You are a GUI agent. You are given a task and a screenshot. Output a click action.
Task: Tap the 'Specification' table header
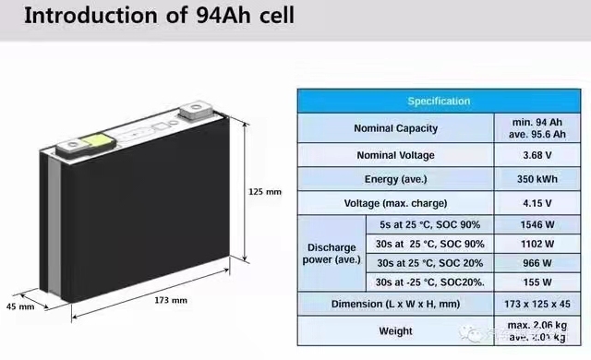click(x=439, y=101)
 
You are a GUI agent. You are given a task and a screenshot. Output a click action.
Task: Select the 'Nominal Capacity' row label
click(x=396, y=127)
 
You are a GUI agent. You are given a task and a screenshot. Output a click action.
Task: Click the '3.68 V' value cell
click(x=537, y=154)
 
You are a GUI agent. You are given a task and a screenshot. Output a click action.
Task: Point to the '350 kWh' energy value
click(x=537, y=178)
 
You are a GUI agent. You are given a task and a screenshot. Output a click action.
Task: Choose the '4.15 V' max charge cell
click(x=537, y=202)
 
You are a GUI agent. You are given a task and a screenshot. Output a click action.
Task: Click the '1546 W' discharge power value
click(x=537, y=225)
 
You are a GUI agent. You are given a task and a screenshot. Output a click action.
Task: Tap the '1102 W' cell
click(x=537, y=245)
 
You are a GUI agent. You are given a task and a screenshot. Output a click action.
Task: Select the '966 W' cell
click(x=537, y=263)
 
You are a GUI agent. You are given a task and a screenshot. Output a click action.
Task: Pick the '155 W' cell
click(x=537, y=282)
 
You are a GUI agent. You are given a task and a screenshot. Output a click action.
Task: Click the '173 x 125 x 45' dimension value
click(x=537, y=304)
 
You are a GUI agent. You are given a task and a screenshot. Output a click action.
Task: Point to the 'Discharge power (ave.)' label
click(x=330, y=254)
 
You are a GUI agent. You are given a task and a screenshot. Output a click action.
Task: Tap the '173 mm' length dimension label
click(x=172, y=300)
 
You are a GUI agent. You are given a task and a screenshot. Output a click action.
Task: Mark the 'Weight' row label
click(x=396, y=330)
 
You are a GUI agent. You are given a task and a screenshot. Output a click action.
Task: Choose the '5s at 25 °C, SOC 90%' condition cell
click(x=431, y=225)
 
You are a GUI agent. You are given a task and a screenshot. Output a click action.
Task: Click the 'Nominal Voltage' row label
click(x=396, y=154)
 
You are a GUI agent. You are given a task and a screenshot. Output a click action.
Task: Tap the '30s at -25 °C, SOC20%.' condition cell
click(x=431, y=282)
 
